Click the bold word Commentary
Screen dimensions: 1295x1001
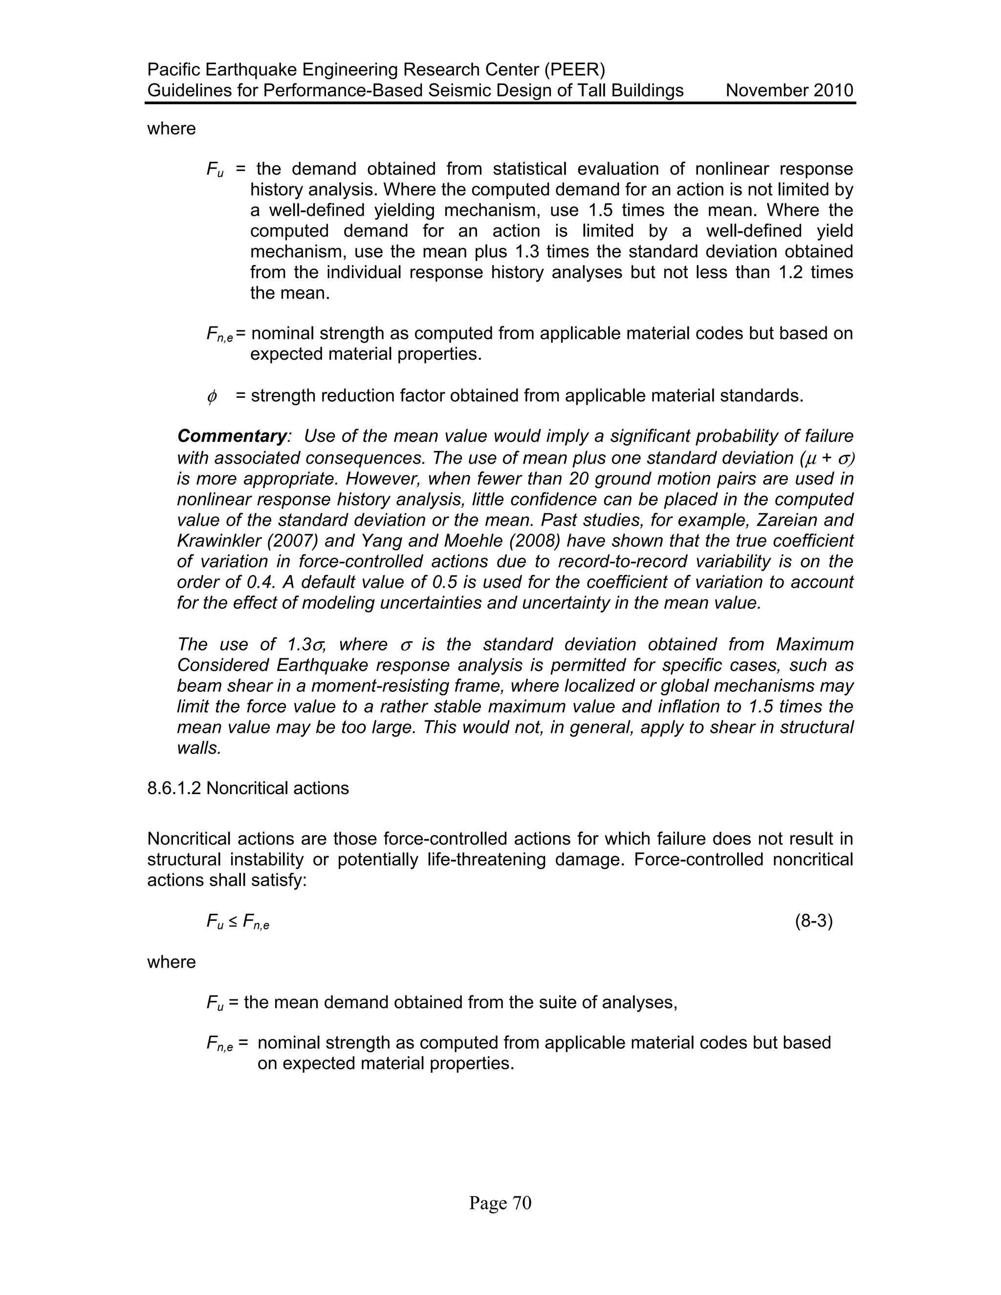tap(232, 436)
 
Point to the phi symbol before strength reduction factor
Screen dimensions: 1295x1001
tap(212, 396)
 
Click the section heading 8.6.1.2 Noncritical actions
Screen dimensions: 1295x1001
tap(248, 788)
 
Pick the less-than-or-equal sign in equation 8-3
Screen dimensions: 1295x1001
tap(233, 922)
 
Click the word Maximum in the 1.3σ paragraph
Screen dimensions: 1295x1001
tap(815, 645)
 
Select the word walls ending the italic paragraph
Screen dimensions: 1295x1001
tap(198, 748)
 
